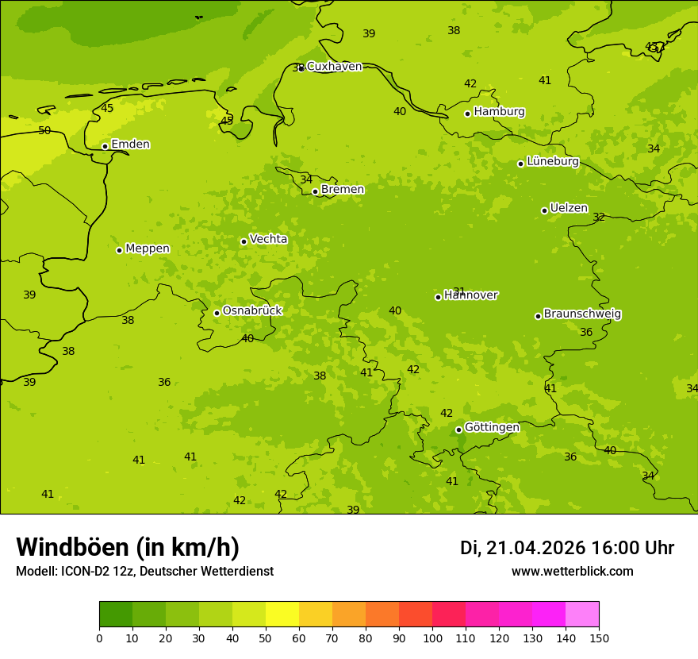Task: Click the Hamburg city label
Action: coord(499,112)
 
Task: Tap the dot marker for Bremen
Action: coord(315,191)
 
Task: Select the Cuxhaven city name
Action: coord(334,67)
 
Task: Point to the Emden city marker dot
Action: coord(105,146)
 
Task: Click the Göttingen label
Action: coord(492,428)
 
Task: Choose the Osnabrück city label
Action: coord(252,311)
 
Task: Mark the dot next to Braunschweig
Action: coord(538,316)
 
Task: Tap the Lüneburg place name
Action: coord(552,162)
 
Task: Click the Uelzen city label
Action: coord(569,209)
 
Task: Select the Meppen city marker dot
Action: coord(119,250)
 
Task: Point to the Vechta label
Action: coord(268,240)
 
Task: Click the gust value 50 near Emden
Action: coord(44,130)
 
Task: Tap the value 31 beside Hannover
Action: coord(458,291)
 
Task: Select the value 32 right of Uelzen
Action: coord(599,218)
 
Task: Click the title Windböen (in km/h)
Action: coord(128,547)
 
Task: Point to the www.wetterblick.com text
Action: coord(572,572)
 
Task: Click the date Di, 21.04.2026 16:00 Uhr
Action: coord(567,548)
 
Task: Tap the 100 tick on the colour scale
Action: coord(432,638)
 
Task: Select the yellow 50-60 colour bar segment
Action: coord(282,615)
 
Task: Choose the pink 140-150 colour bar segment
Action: coord(582,615)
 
